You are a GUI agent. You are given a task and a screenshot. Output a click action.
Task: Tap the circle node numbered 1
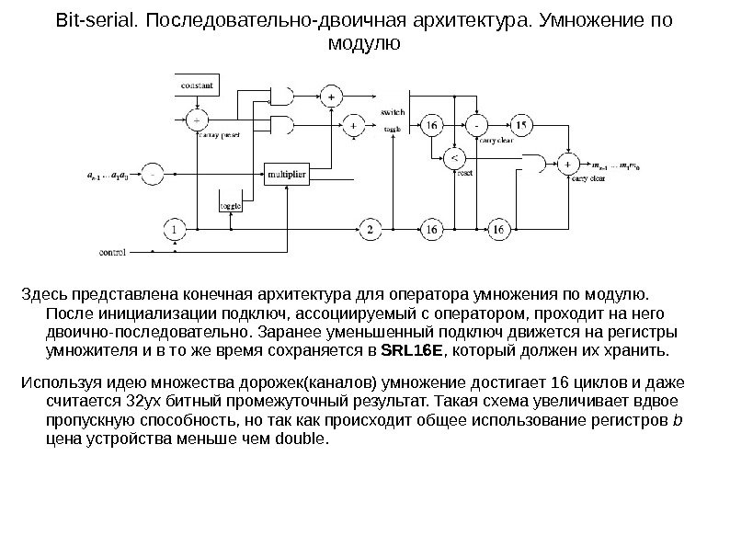175,228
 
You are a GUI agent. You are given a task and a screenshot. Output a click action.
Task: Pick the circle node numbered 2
370,228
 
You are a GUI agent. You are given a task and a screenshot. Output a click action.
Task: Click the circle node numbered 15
521,124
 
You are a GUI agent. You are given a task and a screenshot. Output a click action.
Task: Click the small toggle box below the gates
230,206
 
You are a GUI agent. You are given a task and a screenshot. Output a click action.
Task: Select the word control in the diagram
112,251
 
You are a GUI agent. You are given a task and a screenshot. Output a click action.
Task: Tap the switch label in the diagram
392,111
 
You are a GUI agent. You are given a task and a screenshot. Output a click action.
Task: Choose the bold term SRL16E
411,351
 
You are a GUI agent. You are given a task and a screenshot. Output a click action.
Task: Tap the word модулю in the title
364,42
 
